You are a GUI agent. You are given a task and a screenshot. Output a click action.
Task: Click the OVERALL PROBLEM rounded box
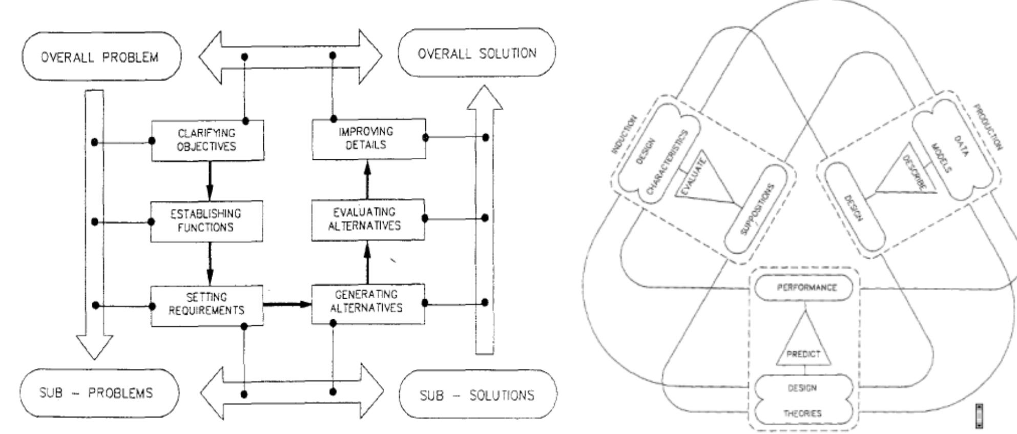100,56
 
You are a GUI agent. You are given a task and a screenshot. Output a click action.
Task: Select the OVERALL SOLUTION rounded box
476,53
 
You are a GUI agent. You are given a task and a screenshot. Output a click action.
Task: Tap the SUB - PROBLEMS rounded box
99,393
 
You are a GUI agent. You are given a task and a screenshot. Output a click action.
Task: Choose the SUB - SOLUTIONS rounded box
478,395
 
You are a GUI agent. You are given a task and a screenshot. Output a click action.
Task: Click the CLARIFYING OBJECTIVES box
207,140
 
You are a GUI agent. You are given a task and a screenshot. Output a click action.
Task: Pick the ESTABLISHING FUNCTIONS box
206,221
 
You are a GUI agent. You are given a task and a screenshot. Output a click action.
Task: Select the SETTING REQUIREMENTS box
206,304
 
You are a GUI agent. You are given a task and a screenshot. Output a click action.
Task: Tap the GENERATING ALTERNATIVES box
368,302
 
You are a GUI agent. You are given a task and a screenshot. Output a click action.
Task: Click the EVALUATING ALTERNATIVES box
367,219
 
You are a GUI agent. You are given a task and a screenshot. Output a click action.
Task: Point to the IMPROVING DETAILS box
368,138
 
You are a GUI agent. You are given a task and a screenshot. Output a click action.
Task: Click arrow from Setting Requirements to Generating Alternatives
287,304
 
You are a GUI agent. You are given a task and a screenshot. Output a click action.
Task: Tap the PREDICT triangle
803,348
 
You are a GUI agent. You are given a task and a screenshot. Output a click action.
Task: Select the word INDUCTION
623,135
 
